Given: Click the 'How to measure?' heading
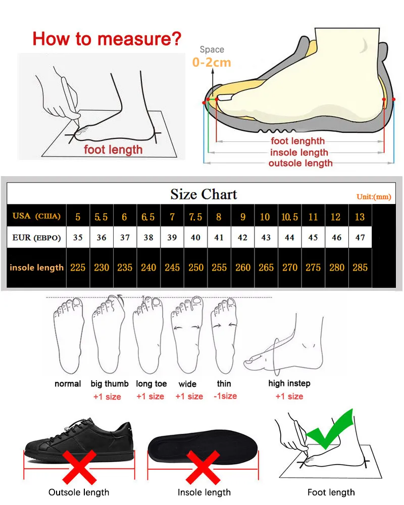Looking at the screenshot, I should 107,38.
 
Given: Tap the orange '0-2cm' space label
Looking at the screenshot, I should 212,63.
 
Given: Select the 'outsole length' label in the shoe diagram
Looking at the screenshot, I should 300,163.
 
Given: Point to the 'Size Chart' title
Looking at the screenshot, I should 204,194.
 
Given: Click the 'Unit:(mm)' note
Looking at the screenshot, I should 374,196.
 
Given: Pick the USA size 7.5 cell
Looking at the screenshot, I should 195,217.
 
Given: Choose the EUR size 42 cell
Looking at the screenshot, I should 242,237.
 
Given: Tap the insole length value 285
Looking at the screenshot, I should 360,267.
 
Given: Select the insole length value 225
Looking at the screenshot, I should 78,267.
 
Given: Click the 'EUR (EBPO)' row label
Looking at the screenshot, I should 36,237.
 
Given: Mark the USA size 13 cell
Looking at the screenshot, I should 360,217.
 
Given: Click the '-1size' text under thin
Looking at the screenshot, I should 225,396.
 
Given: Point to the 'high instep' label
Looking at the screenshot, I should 289,383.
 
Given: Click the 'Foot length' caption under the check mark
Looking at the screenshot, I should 331,492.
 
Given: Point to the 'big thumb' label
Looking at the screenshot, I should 110,384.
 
